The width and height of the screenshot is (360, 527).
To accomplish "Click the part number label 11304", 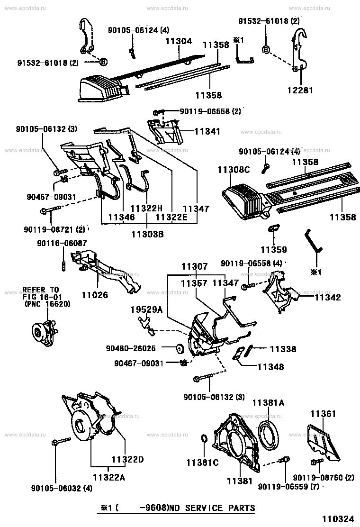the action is tap(178, 41).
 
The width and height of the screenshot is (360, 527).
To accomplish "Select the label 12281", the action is tap(300, 90).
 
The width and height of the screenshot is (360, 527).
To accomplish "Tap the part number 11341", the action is tap(207, 131).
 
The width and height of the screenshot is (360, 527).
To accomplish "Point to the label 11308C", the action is tap(234, 170).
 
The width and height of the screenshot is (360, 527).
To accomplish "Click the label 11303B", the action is tap(147, 234).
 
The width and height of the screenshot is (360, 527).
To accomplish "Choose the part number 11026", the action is tap(95, 295).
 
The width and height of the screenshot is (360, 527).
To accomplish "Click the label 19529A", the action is tap(146, 309).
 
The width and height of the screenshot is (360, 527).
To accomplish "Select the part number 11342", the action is tap(328, 297).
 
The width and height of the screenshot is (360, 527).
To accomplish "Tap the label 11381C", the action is tap(203, 463).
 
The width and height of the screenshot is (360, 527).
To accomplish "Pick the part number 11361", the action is tap(323, 414).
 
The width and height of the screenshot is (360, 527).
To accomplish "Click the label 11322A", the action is tap(109, 477).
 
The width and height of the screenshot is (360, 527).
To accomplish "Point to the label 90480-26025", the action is tap(131, 348).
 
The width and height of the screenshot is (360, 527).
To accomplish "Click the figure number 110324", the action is tap(339, 519).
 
